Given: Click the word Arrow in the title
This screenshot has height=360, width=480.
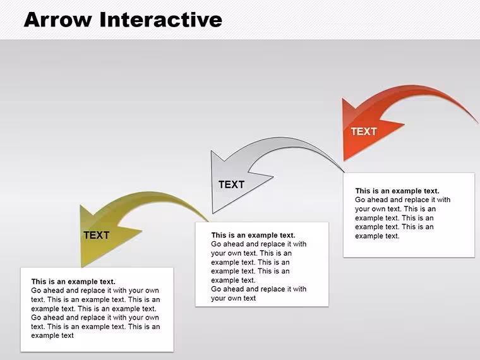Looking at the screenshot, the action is click(x=58, y=20).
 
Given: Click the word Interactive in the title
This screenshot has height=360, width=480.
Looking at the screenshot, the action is click(x=161, y=20).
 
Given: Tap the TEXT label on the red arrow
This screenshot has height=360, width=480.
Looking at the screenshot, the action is click(x=364, y=131).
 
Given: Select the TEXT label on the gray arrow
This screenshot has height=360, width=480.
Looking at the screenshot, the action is click(x=231, y=184).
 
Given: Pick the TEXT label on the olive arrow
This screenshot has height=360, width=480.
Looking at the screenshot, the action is click(x=97, y=235).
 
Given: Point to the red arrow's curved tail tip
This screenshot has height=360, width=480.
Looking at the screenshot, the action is click(x=477, y=123).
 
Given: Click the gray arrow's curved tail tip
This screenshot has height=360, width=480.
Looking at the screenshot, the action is click(x=344, y=172).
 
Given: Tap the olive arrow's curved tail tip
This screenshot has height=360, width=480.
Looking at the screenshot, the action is click(x=209, y=221).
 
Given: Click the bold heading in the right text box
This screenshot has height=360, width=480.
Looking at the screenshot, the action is click(x=397, y=191).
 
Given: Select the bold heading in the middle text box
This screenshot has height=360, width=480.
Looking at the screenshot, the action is click(x=253, y=235).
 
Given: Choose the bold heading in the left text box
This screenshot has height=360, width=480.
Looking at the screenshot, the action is click(x=73, y=281).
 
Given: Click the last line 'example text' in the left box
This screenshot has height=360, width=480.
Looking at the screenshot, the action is click(x=52, y=335).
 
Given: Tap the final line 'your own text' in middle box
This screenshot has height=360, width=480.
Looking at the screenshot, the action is click(x=233, y=298).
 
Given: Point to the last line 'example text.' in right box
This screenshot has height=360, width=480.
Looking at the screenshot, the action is click(x=377, y=236).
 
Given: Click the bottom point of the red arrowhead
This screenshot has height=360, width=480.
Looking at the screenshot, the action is click(x=344, y=160).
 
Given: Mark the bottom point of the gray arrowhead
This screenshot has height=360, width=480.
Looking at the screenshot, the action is click(x=213, y=213).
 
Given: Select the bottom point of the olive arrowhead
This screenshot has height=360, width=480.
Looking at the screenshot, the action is click(x=82, y=267).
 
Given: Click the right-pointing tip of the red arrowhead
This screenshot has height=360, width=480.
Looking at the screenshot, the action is click(x=404, y=124).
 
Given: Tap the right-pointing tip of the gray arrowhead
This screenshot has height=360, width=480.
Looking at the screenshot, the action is click(x=273, y=177).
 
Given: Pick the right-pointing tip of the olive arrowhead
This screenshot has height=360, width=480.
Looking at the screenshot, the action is click(x=141, y=231).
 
